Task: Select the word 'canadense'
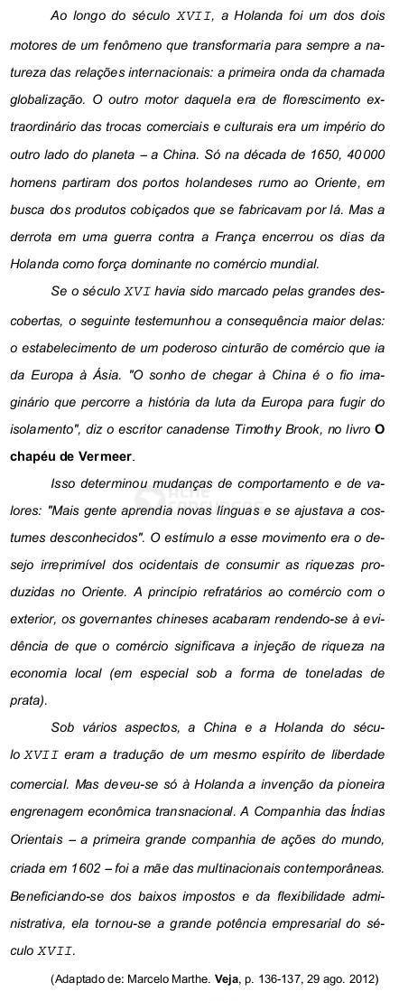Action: tap(199, 427)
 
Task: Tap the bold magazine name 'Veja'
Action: tap(227, 978)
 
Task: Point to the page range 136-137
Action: tap(283, 978)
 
